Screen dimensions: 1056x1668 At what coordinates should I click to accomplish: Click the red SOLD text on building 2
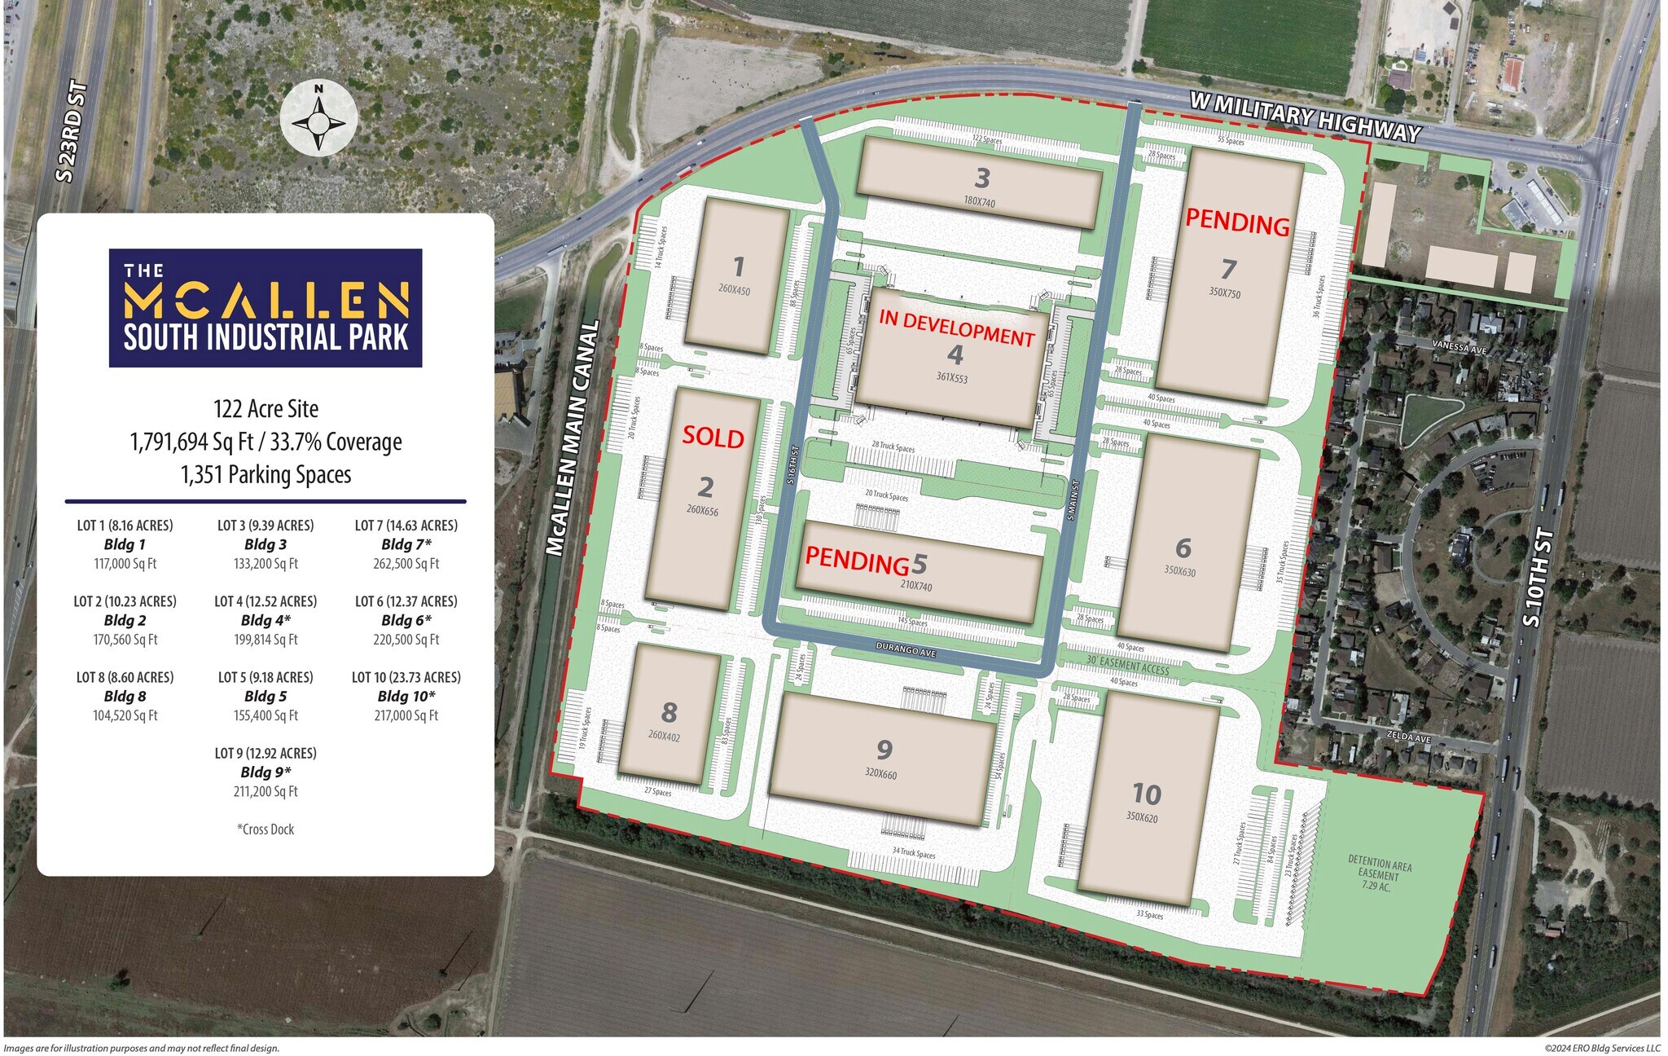(x=713, y=437)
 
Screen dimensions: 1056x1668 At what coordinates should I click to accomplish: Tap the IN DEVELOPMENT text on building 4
(x=956, y=328)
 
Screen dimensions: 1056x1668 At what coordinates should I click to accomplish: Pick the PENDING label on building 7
(x=1237, y=222)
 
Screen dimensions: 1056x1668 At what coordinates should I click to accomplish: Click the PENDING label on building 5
(x=857, y=561)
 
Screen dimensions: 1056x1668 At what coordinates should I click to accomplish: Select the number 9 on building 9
(x=884, y=749)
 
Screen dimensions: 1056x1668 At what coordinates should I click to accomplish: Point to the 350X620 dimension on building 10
(x=1142, y=817)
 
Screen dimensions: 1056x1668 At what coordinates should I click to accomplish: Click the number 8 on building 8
(x=669, y=712)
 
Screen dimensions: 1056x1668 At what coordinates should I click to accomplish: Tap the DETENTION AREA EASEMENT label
(x=1379, y=873)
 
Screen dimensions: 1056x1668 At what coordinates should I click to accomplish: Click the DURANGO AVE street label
(x=906, y=650)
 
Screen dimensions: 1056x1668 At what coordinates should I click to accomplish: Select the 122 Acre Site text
(x=266, y=408)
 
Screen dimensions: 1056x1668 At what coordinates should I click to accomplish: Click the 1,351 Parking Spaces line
(x=266, y=474)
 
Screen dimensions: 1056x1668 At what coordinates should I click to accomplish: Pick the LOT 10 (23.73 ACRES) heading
(x=406, y=677)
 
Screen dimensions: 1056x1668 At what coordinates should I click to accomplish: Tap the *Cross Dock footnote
(x=266, y=829)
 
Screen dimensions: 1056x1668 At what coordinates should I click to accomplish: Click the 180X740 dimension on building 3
(x=979, y=200)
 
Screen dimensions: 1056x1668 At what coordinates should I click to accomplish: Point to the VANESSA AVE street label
(x=1459, y=346)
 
